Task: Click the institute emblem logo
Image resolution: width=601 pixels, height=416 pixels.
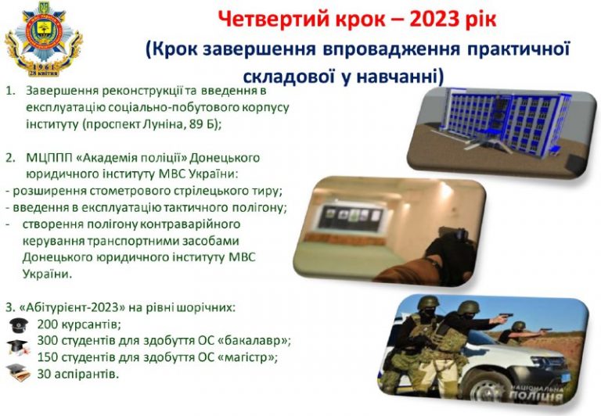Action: click(x=43, y=38)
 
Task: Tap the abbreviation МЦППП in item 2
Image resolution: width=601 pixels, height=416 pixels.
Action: click(x=49, y=158)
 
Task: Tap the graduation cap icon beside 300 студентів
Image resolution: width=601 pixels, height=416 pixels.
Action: click(x=18, y=347)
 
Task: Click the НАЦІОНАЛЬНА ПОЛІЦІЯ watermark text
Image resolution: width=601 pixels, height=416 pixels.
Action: click(x=536, y=393)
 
